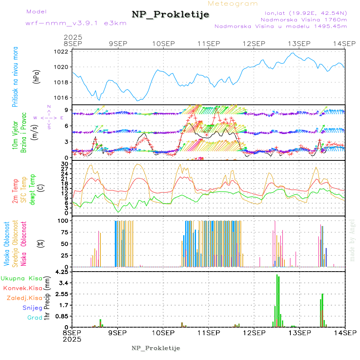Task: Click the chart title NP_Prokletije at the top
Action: coord(170,14)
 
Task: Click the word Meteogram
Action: coord(233,4)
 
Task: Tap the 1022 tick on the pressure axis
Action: coord(63,52)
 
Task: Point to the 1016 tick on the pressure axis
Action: coord(63,98)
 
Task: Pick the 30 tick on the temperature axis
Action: coord(64,164)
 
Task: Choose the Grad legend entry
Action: coord(35,318)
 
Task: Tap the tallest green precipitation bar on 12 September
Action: coord(277,300)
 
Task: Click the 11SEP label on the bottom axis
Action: coord(208,332)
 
